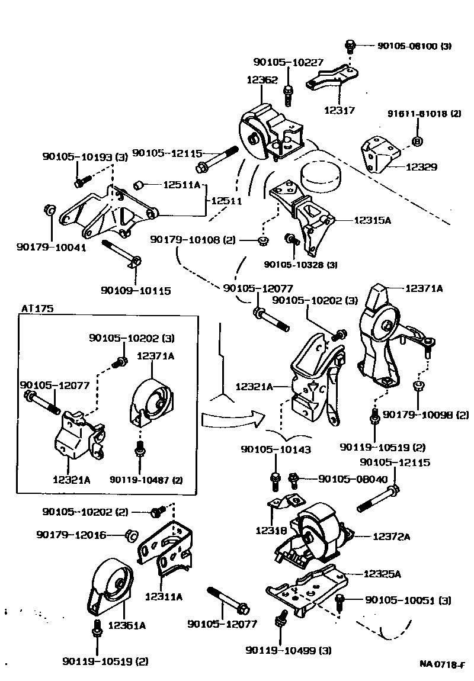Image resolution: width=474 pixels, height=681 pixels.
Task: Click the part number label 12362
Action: click(x=262, y=80)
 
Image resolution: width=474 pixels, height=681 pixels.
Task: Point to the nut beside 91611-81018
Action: click(x=417, y=141)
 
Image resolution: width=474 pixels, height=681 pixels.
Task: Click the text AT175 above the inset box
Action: click(x=36, y=309)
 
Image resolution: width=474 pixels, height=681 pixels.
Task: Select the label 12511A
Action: click(x=182, y=185)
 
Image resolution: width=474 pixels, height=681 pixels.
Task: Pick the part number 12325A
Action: click(x=382, y=574)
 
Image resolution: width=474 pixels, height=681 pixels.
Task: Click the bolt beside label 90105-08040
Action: click(x=293, y=479)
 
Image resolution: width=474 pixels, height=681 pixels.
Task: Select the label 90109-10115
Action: click(x=136, y=291)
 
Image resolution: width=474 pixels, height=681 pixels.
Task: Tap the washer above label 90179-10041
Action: click(x=51, y=210)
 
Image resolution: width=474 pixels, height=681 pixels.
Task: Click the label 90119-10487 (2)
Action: click(x=145, y=479)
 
